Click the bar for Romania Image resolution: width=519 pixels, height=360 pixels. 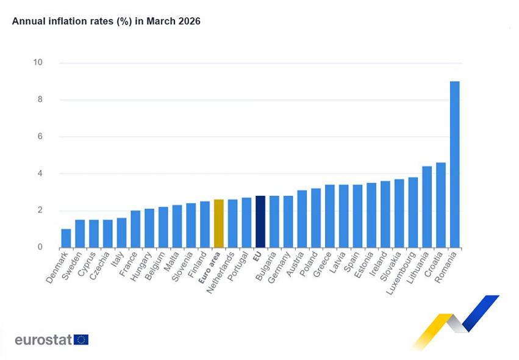point(454,165)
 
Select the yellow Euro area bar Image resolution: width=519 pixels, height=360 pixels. point(218,223)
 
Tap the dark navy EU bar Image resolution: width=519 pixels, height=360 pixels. point(260,221)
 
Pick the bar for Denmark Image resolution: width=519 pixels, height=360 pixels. point(66,239)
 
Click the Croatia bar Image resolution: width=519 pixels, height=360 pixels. point(440,205)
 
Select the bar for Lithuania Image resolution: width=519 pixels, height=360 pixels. point(427,207)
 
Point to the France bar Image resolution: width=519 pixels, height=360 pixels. point(135,229)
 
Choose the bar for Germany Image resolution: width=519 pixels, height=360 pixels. point(288,221)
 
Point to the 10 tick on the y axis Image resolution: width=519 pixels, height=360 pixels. point(38,63)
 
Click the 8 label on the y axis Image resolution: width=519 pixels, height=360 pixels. point(40,100)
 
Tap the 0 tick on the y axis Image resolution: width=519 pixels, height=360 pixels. point(40,248)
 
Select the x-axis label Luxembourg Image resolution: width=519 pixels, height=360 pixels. point(401,273)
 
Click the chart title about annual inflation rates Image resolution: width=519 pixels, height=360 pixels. point(106,21)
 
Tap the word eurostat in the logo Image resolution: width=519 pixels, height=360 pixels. point(43,340)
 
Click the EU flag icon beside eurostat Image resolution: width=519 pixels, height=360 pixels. point(81,340)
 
